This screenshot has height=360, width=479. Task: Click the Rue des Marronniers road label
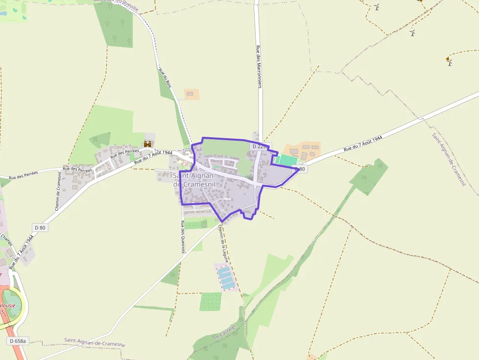(259, 67)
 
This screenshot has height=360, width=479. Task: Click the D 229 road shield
(260, 147)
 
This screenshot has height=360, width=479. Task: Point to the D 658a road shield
(17, 341)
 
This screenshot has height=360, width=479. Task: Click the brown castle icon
(148, 144)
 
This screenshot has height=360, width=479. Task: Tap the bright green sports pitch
(287, 160)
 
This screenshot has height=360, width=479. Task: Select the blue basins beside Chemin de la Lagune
(226, 277)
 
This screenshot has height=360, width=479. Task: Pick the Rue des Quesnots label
(183, 237)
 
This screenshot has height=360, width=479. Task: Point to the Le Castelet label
(225, 332)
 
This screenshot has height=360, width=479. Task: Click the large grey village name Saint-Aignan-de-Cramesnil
(195, 180)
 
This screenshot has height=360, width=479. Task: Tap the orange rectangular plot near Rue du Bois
(191, 94)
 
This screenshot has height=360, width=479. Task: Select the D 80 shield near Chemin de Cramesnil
(40, 227)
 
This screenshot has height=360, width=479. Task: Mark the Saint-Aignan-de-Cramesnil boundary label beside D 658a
(95, 342)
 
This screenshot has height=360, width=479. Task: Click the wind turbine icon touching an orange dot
(449, 62)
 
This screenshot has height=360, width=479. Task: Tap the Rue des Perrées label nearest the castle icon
(125, 154)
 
